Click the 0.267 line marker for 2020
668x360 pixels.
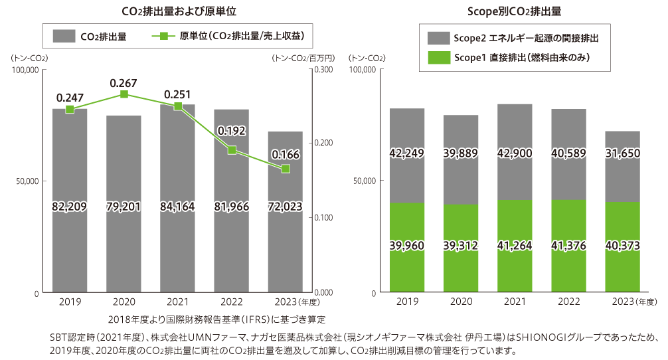(124, 94)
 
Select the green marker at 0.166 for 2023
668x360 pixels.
(286, 169)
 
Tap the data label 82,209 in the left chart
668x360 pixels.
(70, 207)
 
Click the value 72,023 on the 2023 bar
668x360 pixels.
(286, 207)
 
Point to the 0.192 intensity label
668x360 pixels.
(231, 130)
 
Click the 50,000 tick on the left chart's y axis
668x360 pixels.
(27, 181)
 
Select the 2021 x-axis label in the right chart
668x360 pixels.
(514, 302)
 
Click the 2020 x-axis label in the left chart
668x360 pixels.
(124, 302)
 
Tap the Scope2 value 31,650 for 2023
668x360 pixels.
(622, 153)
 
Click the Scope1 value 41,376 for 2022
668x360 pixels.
(568, 246)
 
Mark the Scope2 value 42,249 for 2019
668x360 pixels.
(406, 153)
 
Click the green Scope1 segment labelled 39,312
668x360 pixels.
(460, 246)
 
